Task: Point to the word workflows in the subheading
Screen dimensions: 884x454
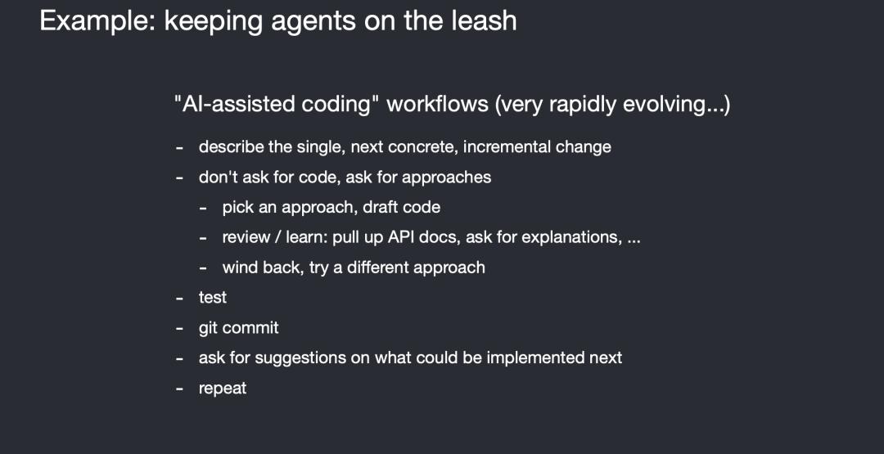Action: tap(437, 105)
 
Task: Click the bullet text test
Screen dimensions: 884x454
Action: tap(213, 298)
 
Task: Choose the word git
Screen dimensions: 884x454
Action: tap(207, 328)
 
